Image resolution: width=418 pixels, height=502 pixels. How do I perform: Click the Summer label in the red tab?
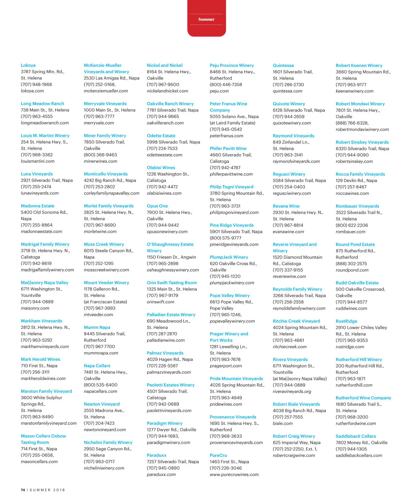point(206,20)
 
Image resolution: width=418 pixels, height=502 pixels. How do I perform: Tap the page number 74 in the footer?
point(23,490)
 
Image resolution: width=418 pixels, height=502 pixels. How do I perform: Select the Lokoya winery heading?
point(28,65)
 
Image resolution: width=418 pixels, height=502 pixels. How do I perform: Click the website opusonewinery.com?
point(167,231)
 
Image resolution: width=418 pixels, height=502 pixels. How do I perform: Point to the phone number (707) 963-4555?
point(37,116)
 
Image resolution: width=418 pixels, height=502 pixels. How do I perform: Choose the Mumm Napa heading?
point(97,327)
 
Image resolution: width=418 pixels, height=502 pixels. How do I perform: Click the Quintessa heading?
point(283,66)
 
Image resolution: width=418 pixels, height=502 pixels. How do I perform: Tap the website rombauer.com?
point(350,232)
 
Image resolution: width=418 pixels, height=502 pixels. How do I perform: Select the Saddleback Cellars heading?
point(356,436)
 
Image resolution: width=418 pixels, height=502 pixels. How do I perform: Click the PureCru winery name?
point(218,455)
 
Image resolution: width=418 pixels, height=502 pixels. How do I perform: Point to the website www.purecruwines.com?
point(234,474)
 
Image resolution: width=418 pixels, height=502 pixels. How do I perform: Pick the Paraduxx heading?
point(156,455)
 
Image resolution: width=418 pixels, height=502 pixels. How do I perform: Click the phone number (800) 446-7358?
point(226,85)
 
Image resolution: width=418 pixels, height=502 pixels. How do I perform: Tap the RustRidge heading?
point(346,321)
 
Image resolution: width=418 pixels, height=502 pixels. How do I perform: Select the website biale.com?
point(282,424)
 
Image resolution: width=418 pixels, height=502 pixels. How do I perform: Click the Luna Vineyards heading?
point(37,174)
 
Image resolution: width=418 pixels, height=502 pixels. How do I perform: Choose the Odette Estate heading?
point(161,136)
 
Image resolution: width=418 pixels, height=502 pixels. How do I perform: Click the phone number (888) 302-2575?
point(351,264)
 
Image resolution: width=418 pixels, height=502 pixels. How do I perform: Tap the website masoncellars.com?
point(39,462)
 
